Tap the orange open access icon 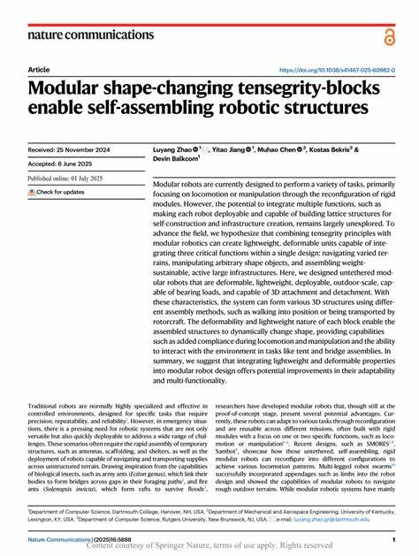tap(390, 35)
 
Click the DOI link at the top tap(333, 69)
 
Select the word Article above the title tap(39, 69)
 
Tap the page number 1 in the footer tap(392, 537)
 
